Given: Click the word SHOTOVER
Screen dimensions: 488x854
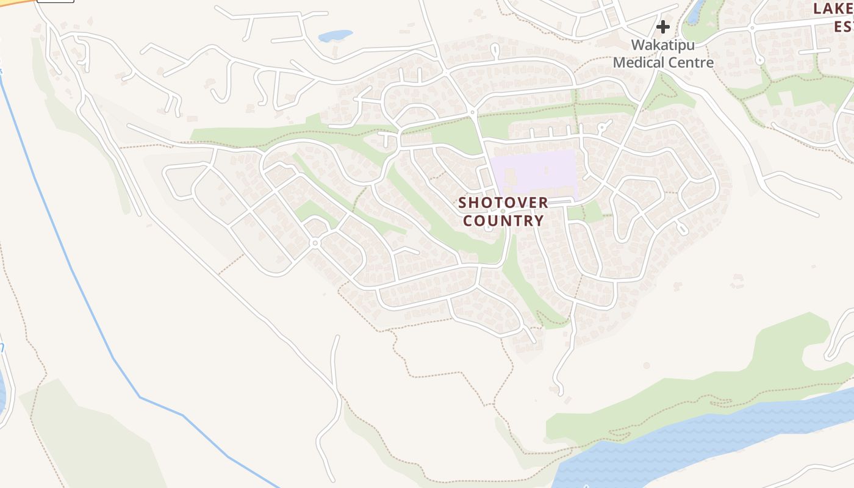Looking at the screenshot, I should point(503,203).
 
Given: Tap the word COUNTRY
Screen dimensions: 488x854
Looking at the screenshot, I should point(503,220).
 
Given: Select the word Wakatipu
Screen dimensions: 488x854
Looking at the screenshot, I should point(662,45).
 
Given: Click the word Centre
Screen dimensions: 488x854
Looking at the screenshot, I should point(692,62).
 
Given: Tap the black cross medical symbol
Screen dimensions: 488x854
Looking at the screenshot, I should point(662,27).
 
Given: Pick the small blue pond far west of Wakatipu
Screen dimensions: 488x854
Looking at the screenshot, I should point(335,36).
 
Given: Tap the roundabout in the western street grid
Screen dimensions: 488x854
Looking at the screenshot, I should point(315,243).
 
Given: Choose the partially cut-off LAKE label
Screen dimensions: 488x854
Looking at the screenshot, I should point(834,9).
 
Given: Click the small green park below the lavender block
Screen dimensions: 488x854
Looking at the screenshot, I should point(584,212).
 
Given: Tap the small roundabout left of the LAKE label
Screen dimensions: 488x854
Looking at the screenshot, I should point(752,27).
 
